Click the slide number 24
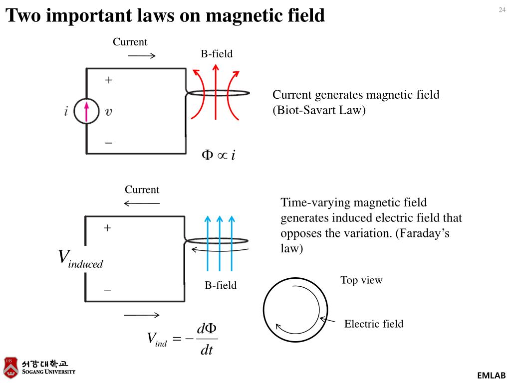click(x=502, y=10)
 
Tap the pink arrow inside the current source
click(x=86, y=111)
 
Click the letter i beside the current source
click(x=66, y=112)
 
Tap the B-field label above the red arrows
click(x=217, y=54)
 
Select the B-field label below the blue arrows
click(x=221, y=285)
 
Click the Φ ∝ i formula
click(x=218, y=155)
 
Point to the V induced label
click(x=80, y=258)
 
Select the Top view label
click(x=361, y=280)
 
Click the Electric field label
click(x=374, y=324)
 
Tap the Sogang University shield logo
click(x=10, y=368)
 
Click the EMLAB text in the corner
click(x=492, y=376)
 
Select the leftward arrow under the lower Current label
click(x=142, y=203)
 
